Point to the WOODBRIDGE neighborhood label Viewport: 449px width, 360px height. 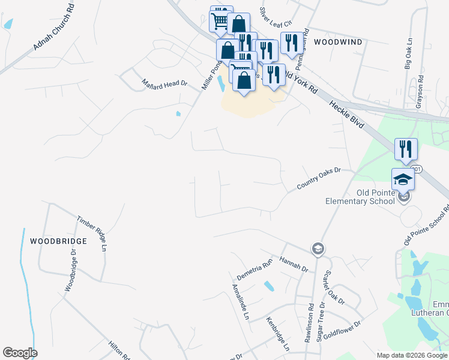58,241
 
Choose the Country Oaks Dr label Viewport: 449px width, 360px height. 318,179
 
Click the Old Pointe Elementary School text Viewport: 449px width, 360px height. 358,197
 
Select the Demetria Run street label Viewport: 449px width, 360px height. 255,269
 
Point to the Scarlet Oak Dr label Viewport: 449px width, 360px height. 334,287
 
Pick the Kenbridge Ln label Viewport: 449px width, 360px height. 278,334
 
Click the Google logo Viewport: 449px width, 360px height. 20,353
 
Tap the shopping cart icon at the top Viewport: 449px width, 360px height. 221,19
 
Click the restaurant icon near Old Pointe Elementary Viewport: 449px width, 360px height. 406,149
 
